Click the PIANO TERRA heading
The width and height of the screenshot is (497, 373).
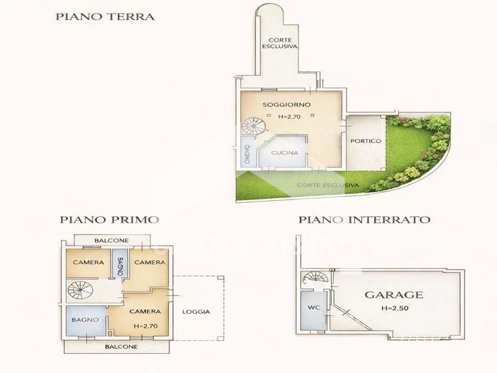point(105,17)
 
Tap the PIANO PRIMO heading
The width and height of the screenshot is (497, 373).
point(109,219)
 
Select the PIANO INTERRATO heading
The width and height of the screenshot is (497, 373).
point(365,219)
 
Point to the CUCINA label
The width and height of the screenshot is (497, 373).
point(285,153)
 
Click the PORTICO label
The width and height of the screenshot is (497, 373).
point(366,141)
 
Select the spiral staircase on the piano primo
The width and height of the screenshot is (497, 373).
point(80,290)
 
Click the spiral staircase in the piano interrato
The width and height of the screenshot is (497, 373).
point(316,277)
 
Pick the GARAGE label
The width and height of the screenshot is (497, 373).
point(394,295)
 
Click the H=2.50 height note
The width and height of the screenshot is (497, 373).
point(394,308)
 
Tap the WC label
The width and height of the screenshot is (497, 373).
point(314,307)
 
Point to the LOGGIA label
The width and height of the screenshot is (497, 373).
point(196,312)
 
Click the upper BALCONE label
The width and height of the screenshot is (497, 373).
point(112,241)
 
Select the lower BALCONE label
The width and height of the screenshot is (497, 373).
point(121,347)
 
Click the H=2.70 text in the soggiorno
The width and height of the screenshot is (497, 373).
point(289,116)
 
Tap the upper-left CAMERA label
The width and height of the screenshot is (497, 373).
point(88,262)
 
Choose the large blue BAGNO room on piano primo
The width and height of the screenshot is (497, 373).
point(86,320)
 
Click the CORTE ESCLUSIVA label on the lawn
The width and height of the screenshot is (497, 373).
point(328,185)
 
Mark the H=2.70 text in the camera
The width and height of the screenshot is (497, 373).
point(145,326)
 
